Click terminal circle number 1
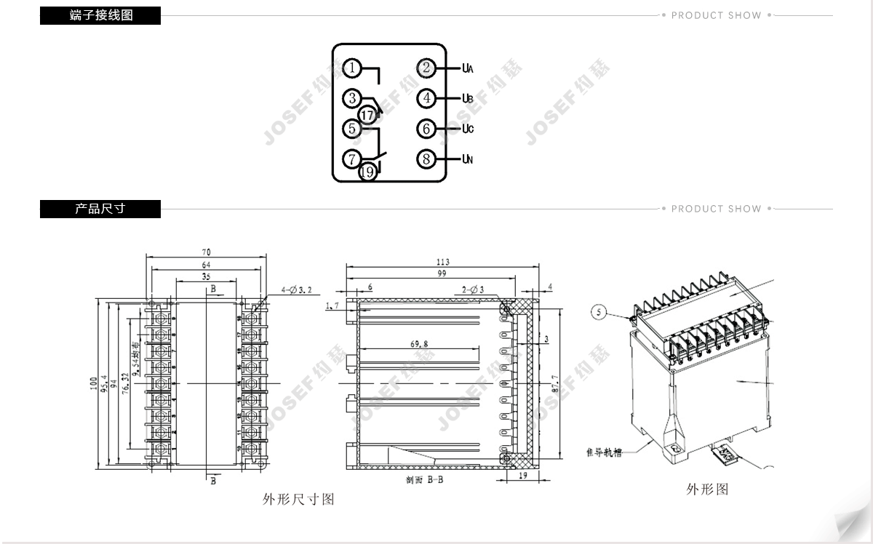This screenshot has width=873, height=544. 352,68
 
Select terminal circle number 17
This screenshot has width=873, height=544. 368,115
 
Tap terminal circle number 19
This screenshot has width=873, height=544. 368,172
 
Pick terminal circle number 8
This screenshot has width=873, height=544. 426,159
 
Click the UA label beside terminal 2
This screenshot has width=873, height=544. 468,68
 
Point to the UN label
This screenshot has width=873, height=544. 468,159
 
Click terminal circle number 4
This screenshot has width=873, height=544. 426,98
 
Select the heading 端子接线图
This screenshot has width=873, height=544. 100,15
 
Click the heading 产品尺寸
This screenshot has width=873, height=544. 100,209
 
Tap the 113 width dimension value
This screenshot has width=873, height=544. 442,262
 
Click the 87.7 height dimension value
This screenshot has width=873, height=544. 556,384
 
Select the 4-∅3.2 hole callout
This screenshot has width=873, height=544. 297,290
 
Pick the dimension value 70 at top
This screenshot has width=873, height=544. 207,252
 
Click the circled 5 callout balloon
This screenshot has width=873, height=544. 599,313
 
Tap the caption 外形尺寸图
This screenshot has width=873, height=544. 298,500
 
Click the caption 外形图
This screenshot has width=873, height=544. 707,489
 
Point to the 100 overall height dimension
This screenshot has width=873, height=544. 94,383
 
